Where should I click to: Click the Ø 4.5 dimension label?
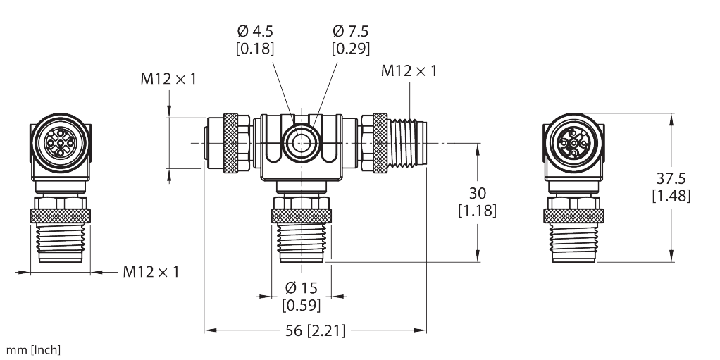click(x=256, y=31)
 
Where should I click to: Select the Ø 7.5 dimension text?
click(x=351, y=31)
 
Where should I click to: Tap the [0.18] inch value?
click(x=256, y=49)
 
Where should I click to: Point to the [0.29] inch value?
click(x=351, y=49)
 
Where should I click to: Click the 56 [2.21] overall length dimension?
click(x=316, y=330)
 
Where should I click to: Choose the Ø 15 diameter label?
click(x=302, y=287)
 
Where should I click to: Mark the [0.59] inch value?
click(x=302, y=305)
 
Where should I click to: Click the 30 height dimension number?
click(x=477, y=192)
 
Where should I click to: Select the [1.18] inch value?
click(x=477, y=210)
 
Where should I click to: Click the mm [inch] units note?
click(x=32, y=350)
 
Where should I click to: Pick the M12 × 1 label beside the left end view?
click(x=151, y=271)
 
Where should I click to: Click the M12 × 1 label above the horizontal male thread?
click(x=409, y=70)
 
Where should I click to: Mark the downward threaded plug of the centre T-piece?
click(x=302, y=240)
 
